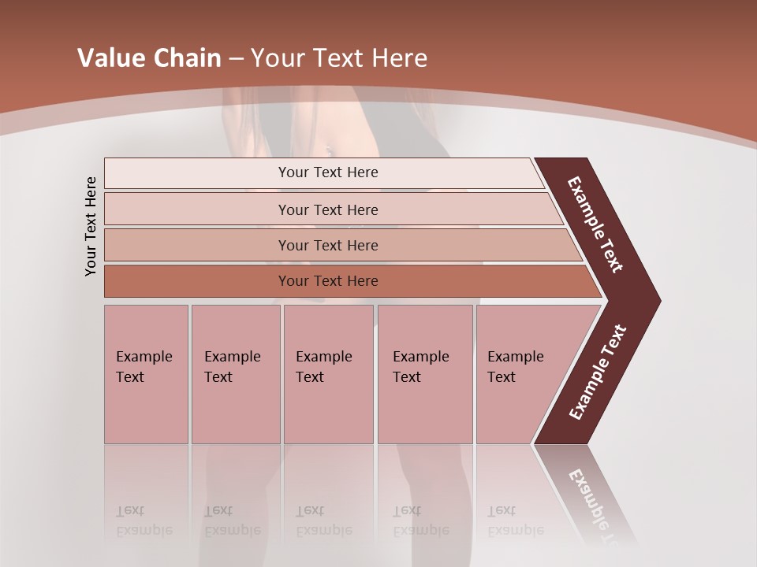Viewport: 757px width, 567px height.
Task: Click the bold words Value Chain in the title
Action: tap(149, 58)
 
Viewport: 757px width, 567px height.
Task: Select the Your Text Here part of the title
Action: tap(339, 58)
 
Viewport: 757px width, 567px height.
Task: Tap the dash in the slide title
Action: tap(236, 59)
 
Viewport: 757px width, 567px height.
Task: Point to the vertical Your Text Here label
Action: tap(91, 226)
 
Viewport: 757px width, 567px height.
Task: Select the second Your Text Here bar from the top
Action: tap(327, 209)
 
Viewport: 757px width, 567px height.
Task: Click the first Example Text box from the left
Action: tap(146, 374)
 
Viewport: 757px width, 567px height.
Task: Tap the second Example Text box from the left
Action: tap(235, 374)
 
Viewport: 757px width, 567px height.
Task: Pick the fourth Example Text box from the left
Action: tap(424, 374)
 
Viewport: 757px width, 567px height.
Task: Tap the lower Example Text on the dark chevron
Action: tap(598, 372)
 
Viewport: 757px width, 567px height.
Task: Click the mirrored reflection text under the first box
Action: tap(144, 521)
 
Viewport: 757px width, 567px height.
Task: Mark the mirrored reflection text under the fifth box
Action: tap(515, 521)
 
